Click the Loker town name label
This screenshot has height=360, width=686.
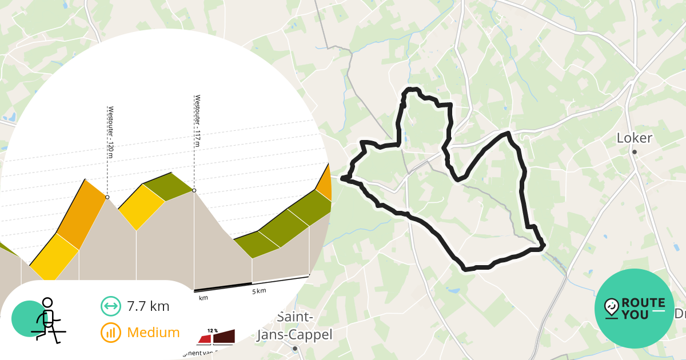[x=635, y=138]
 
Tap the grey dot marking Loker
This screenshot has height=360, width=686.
[x=635, y=151]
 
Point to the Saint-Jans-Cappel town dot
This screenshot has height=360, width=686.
[x=294, y=348]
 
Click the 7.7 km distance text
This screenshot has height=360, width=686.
[x=148, y=306]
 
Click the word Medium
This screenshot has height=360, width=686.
[x=153, y=333]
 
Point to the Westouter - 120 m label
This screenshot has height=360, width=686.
[x=110, y=129]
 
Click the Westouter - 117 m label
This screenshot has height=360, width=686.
[x=197, y=120]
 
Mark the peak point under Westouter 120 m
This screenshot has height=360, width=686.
[x=107, y=197]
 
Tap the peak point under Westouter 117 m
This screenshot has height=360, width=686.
[x=194, y=190]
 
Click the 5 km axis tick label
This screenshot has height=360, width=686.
[x=259, y=291]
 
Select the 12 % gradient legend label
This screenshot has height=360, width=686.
[x=213, y=331]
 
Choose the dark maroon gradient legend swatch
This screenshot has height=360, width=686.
[x=224, y=338]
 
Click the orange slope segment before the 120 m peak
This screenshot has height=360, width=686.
[x=81, y=214]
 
